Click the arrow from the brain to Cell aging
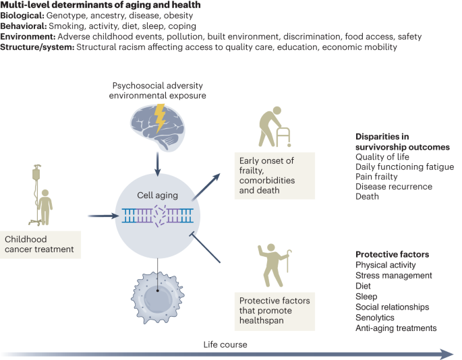click(156, 166)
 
